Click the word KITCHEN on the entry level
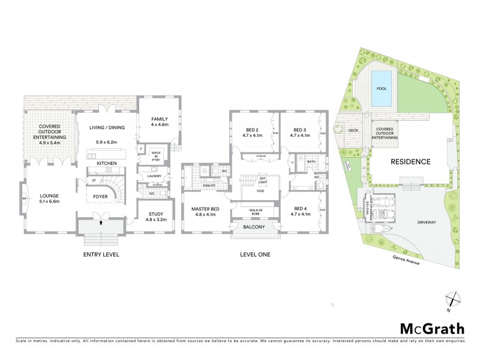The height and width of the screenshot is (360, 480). point(106,163)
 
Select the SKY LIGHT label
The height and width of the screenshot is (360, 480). point(262,180)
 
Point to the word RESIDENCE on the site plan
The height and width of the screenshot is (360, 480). point(411,162)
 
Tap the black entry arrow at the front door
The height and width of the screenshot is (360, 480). point(101,224)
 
